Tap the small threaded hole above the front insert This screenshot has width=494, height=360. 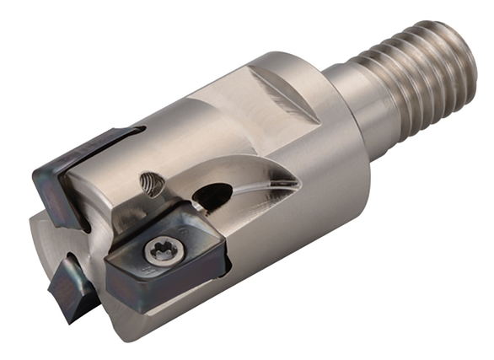point(151,181)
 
